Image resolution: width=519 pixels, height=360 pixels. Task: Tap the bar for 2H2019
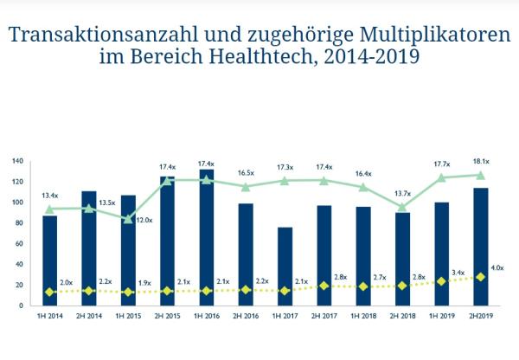[x=480, y=247]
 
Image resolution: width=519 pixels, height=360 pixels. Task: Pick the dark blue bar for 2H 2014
[x=89, y=247]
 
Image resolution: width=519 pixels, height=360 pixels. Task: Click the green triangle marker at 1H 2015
[x=128, y=219]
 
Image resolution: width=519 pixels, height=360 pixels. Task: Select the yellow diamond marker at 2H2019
[x=480, y=277]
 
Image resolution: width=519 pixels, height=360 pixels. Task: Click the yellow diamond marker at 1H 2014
[x=50, y=292]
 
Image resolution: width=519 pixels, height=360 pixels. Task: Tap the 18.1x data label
[x=482, y=161]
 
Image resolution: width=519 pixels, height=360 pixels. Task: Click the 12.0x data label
[x=144, y=220]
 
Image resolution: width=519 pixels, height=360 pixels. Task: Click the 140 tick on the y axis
[x=17, y=161]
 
